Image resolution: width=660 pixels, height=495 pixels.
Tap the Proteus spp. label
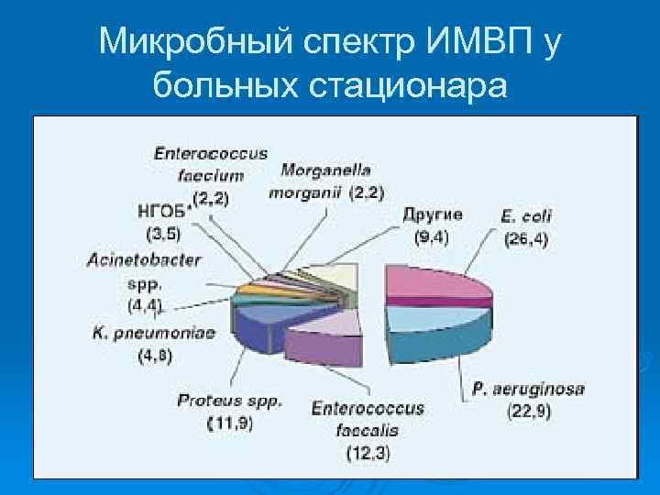pos(229,401)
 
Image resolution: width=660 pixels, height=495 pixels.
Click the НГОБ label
pos(161,210)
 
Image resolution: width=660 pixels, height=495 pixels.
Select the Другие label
pos(432,214)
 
